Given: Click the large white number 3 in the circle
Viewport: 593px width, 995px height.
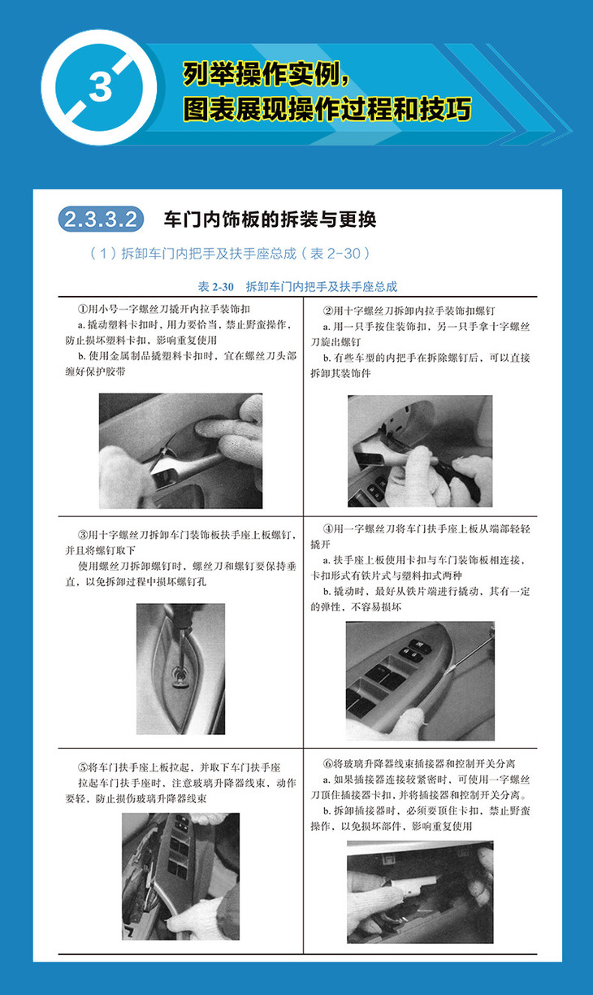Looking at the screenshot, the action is (100, 87).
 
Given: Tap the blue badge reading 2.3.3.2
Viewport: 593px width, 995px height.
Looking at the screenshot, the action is (101, 219).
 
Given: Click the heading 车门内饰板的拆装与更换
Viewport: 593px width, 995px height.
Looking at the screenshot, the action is (270, 219).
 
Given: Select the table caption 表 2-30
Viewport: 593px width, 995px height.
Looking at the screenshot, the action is (216, 287).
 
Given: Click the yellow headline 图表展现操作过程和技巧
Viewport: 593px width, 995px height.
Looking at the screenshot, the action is (327, 110).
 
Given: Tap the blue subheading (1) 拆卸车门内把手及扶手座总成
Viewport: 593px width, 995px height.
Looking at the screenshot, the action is (229, 254).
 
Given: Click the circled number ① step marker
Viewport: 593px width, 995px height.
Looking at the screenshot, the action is (83, 309).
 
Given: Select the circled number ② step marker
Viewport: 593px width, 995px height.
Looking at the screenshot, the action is (328, 311).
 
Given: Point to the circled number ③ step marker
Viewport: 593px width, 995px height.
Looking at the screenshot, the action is (83, 535).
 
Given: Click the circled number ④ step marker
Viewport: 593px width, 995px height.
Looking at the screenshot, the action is (328, 529).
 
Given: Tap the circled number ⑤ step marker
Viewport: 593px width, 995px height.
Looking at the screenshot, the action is (83, 767).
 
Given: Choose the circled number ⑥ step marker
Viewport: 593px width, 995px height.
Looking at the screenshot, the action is (328, 763).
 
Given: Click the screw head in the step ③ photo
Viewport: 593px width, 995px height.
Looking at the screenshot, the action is (180, 676).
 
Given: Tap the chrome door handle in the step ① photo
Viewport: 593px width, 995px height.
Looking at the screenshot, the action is (178, 467).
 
